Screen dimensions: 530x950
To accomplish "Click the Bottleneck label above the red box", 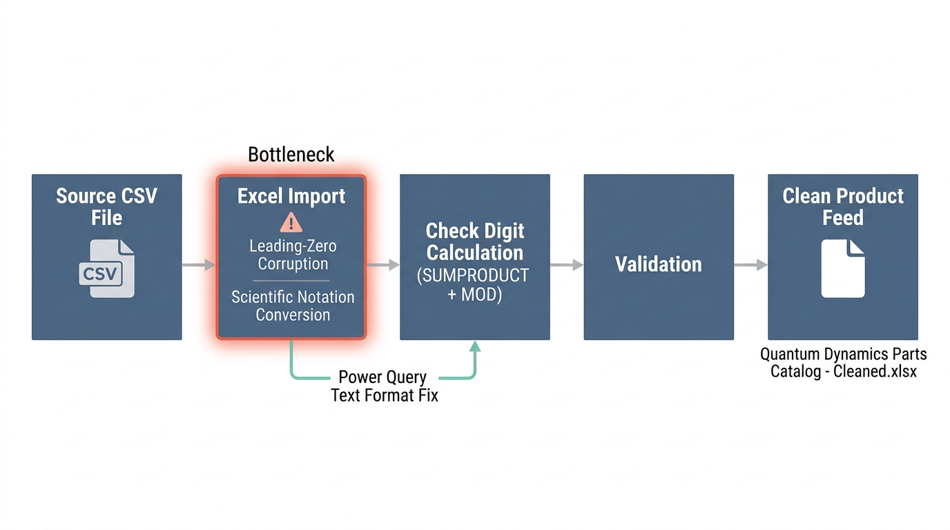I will click(291, 154).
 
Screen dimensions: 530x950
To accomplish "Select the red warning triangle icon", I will click(291, 222).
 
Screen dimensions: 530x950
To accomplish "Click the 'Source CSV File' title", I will click(106, 206).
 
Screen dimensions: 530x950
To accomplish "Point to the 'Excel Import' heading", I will click(291, 196).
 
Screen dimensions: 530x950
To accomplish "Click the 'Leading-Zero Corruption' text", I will click(292, 255).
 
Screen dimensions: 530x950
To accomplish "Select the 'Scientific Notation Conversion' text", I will click(292, 306).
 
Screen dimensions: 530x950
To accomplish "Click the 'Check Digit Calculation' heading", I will click(475, 241).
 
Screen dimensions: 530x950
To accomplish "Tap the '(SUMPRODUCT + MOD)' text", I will click(474, 285).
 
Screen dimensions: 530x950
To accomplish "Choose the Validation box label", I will click(659, 264).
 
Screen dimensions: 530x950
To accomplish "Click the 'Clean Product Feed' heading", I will click(843, 206).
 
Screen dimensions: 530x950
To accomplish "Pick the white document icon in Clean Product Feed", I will click(842, 268).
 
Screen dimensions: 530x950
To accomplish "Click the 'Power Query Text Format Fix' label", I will click(384, 386).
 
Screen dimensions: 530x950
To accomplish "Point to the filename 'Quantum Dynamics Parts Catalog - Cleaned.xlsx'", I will click(843, 362).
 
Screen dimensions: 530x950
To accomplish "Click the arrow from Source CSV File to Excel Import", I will click(199, 264).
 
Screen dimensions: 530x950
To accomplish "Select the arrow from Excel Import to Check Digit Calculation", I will click(383, 264).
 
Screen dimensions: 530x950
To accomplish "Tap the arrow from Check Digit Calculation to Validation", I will click(567, 264).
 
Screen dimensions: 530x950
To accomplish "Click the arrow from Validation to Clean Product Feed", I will click(751, 264).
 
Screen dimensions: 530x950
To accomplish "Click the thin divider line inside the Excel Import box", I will click(291, 281).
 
